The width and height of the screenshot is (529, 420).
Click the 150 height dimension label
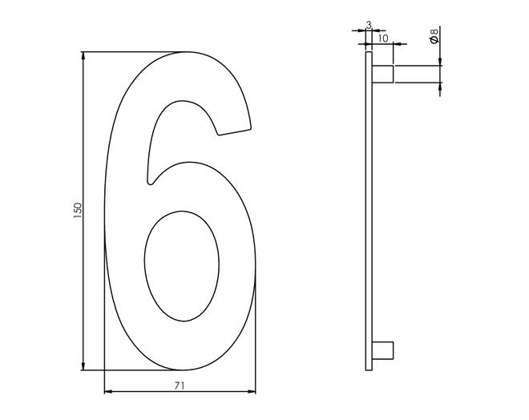[78, 210]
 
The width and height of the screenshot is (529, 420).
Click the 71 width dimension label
[180, 386]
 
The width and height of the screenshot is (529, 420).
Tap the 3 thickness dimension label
[369, 25]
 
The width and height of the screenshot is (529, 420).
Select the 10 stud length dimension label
[383, 38]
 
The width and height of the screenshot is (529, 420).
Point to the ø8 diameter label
[434, 36]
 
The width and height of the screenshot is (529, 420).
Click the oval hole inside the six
[181, 266]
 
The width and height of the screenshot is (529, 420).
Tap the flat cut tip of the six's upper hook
[235, 131]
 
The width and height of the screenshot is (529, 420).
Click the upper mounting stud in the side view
[382, 75]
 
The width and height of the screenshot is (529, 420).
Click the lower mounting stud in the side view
[382, 350]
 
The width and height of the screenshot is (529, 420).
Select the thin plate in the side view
[369, 211]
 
